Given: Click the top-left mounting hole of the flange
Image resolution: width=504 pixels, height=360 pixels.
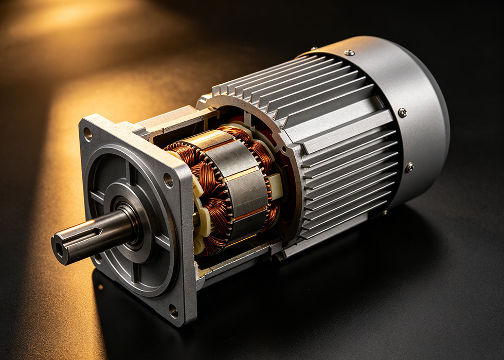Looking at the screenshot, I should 88,134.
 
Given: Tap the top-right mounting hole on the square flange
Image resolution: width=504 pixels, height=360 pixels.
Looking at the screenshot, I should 168,180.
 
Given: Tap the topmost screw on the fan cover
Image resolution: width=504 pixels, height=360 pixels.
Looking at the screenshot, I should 349,52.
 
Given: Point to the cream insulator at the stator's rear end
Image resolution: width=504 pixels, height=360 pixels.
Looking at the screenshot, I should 275,185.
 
